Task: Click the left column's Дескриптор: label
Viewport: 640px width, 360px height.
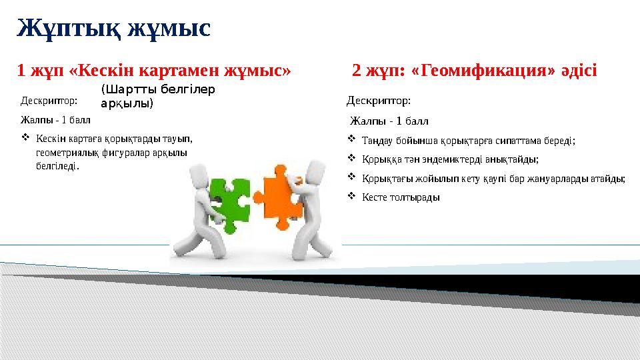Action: tap(49, 101)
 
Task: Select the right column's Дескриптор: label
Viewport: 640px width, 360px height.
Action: tap(379, 101)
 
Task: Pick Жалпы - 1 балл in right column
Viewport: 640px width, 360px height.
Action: tap(389, 121)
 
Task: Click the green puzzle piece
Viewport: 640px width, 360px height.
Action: tap(228, 201)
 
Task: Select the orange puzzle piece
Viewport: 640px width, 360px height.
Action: tap(276, 193)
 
